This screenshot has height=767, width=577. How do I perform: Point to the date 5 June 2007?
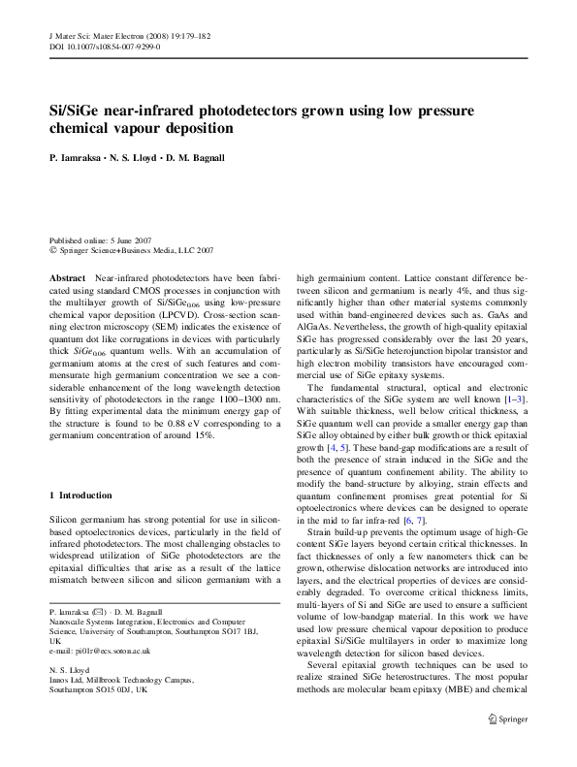[128, 240]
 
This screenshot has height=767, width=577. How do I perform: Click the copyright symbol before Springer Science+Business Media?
[52, 249]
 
